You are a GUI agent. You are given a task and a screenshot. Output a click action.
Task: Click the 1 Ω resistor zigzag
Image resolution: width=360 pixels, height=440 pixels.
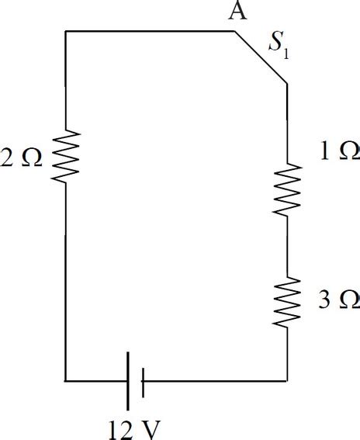(x=288, y=189)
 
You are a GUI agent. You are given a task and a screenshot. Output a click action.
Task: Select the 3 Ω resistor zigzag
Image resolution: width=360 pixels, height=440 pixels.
(x=288, y=303)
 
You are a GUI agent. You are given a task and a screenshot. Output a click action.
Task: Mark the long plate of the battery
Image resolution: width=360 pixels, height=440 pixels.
(x=129, y=381)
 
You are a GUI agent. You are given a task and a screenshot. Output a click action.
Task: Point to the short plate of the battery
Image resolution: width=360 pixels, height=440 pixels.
(x=143, y=381)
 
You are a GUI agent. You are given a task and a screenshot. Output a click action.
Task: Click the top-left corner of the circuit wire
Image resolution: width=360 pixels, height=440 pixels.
(x=66, y=31)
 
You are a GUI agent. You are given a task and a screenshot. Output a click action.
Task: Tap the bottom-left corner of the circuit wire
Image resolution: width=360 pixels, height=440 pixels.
(x=66, y=381)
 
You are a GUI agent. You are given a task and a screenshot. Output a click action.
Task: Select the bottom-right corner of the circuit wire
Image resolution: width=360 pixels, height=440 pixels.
(x=288, y=381)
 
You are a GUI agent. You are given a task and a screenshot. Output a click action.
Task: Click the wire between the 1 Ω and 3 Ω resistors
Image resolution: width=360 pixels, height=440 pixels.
(x=288, y=246)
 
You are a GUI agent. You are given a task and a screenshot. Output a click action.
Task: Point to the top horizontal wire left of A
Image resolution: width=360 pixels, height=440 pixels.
(x=147, y=31)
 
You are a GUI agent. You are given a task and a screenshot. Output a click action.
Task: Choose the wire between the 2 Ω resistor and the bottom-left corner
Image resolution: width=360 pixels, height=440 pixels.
(x=66, y=279)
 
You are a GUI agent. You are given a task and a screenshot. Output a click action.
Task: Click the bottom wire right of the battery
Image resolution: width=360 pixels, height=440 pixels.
(x=217, y=381)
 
